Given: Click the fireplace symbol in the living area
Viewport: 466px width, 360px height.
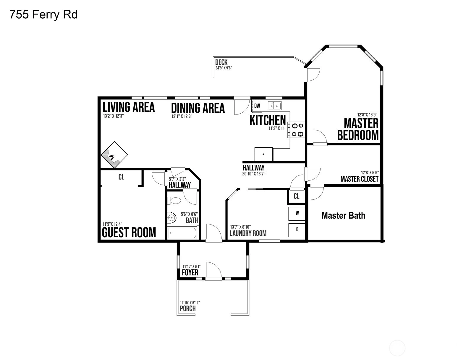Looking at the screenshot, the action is click(x=114, y=155).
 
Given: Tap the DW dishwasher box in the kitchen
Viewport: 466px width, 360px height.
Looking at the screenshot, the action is click(x=257, y=106).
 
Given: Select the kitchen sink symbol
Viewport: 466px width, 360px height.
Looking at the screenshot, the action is click(x=275, y=106).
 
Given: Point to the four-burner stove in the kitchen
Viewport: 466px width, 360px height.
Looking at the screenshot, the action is click(x=296, y=130).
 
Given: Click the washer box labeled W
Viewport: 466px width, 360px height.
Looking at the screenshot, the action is click(x=297, y=214).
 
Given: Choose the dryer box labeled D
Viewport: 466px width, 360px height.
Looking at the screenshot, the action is click(x=297, y=230).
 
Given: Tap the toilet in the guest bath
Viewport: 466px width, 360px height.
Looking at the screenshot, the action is click(x=175, y=201).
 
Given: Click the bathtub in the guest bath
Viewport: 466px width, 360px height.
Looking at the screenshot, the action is click(x=182, y=233).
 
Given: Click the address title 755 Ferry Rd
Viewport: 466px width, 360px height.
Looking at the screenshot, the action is click(x=43, y=15).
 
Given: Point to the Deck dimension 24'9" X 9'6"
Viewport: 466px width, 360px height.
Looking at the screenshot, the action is click(x=224, y=68).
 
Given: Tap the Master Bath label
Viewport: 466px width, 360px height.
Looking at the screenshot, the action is click(x=343, y=216).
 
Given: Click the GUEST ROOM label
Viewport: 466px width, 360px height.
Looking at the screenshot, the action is click(x=129, y=232).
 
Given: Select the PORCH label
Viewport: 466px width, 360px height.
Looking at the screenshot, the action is click(x=188, y=309).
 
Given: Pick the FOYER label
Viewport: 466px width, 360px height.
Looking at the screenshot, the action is click(x=190, y=272).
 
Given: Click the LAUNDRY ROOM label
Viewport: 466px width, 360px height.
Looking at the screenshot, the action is click(x=248, y=233).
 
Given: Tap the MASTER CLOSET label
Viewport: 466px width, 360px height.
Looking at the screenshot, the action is click(x=360, y=179).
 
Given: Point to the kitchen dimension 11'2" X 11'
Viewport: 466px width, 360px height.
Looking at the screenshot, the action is click(x=277, y=128).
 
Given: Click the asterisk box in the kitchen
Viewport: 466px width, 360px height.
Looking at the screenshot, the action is click(x=263, y=154).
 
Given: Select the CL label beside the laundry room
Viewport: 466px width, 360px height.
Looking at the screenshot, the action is click(x=296, y=196).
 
